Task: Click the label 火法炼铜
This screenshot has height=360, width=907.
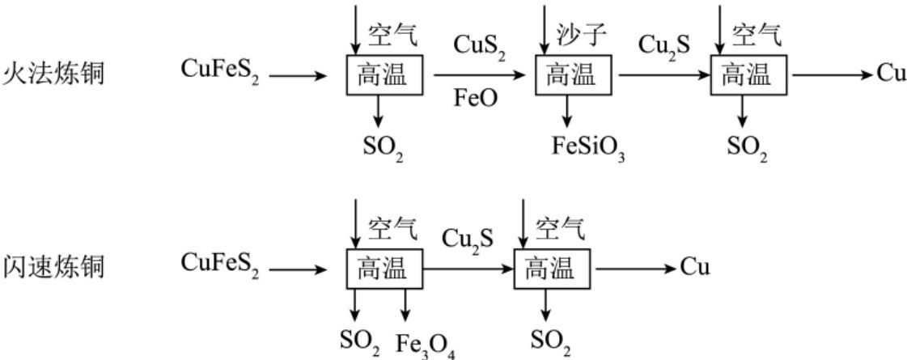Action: point(53,74)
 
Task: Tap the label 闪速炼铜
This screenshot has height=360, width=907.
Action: point(53,267)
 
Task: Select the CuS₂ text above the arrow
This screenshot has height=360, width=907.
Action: point(480,45)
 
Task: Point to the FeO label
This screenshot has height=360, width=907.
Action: point(475,99)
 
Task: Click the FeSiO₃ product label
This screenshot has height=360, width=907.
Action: point(588,147)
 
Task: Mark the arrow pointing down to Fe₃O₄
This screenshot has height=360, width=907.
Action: point(405,305)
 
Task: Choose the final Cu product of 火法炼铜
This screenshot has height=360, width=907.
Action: point(892,74)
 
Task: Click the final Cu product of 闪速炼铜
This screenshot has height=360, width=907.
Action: point(695,268)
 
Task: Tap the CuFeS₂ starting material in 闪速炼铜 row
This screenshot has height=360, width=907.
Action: point(220,265)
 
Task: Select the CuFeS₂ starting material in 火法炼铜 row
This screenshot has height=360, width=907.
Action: point(220,71)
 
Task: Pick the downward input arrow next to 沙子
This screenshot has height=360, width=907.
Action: point(543,30)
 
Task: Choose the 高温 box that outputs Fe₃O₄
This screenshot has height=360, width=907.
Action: point(384,269)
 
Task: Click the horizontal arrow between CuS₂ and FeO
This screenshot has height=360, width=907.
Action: point(480,75)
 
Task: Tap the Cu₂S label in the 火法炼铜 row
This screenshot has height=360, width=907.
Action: point(664,46)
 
